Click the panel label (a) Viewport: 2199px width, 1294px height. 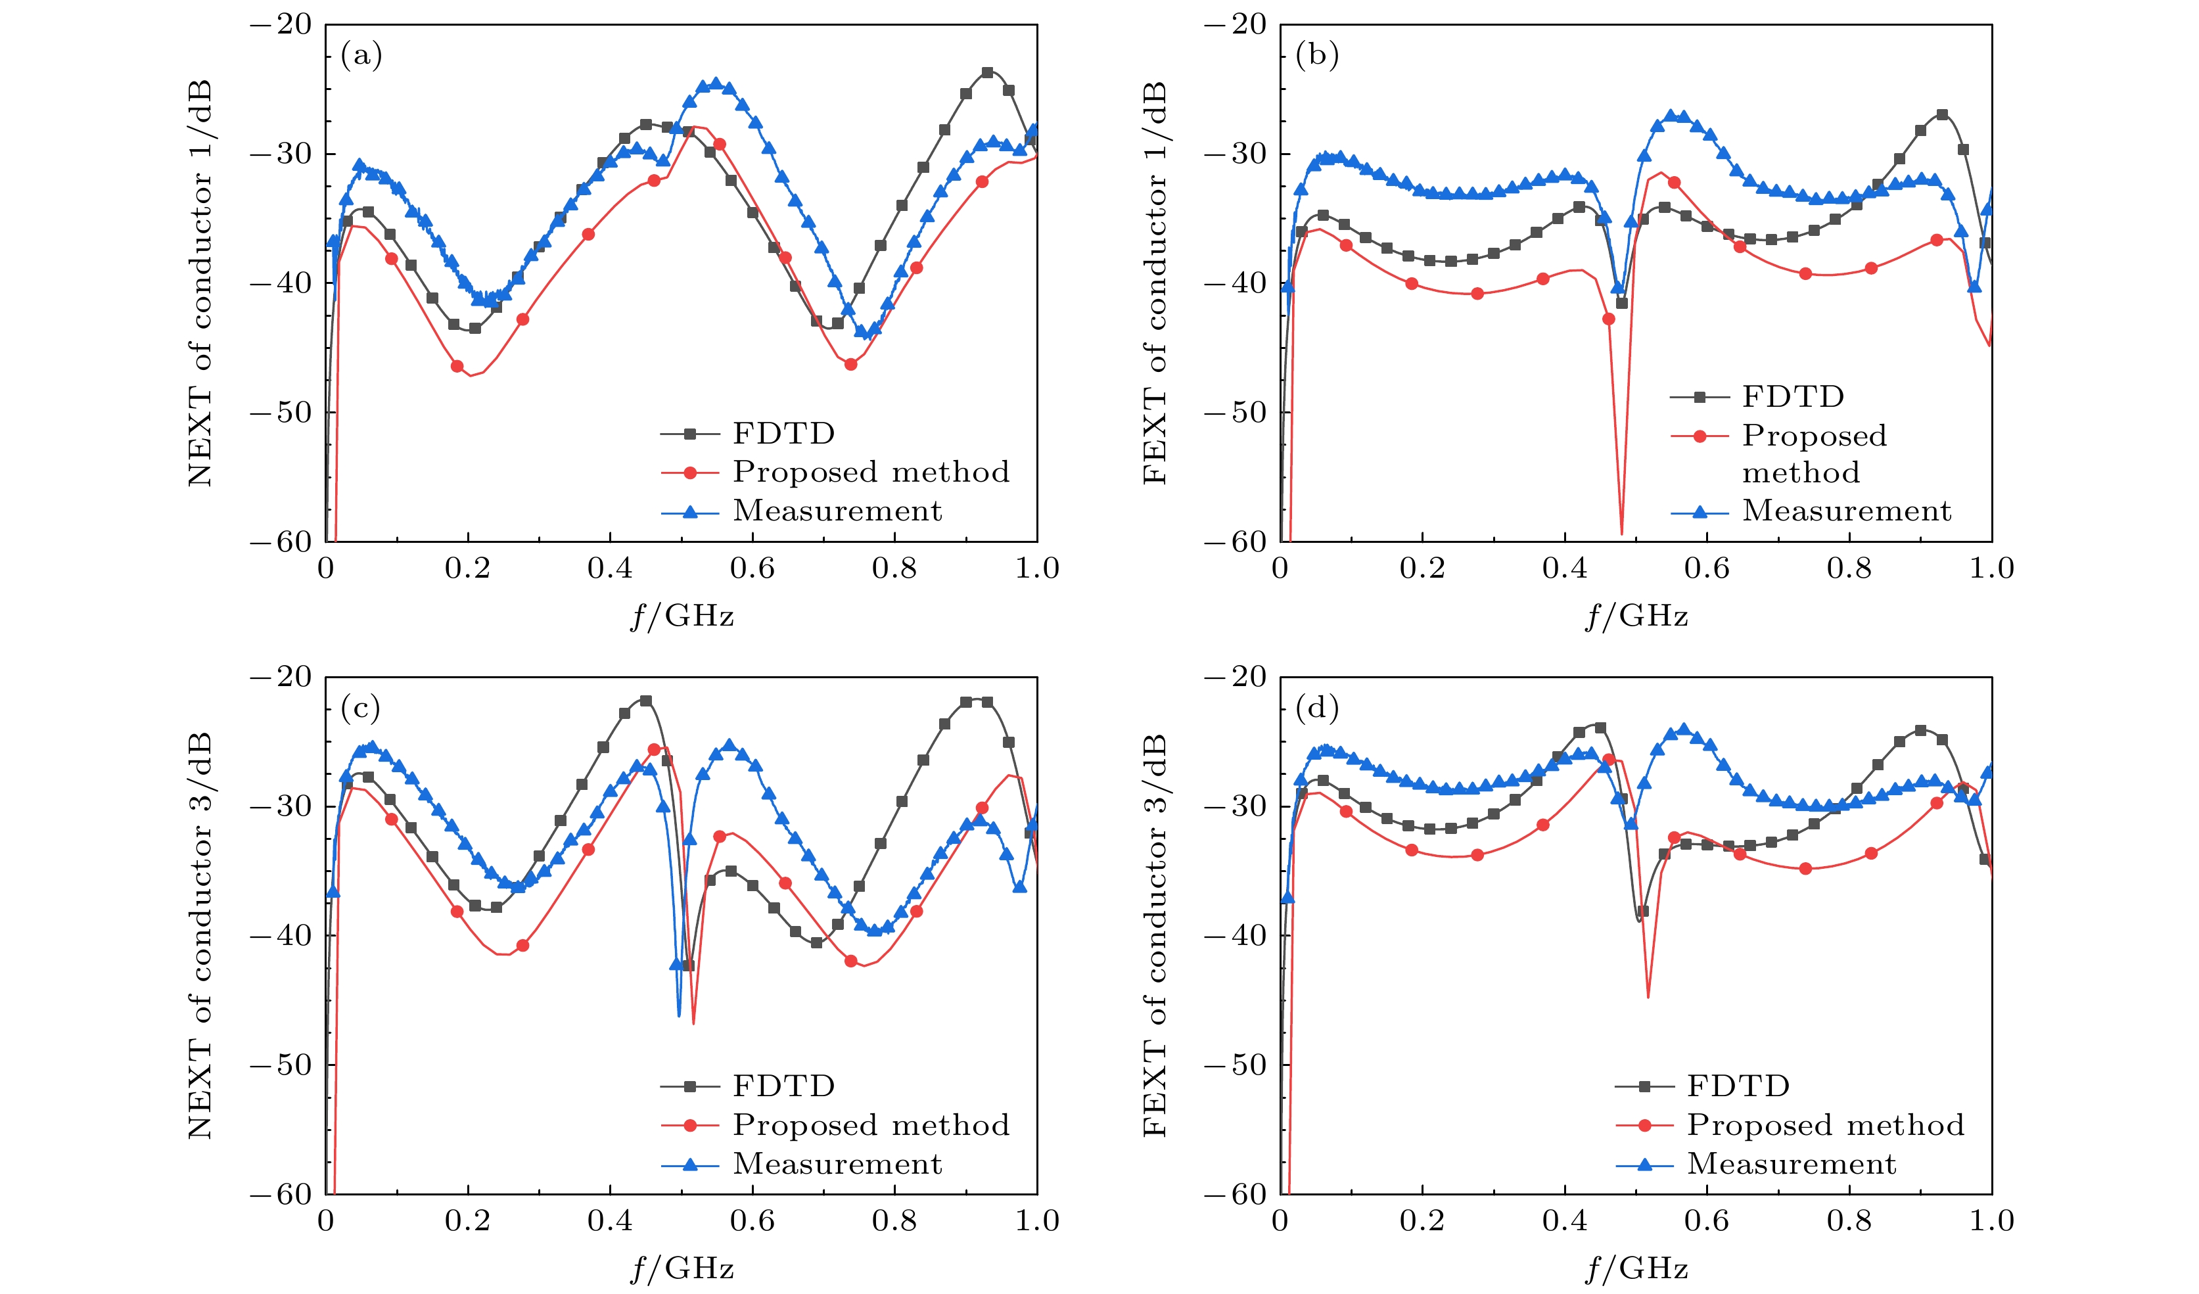click(x=361, y=56)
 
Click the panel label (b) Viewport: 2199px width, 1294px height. click(x=1317, y=56)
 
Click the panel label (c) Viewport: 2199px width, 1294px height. click(x=361, y=708)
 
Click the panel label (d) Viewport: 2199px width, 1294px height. click(x=1317, y=708)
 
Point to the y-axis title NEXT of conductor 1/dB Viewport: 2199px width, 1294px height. click(x=200, y=284)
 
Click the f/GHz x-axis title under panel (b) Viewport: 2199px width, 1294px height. click(x=1636, y=616)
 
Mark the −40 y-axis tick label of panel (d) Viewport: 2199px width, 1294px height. click(x=1236, y=935)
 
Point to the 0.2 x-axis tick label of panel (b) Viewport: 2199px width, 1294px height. click(x=1422, y=569)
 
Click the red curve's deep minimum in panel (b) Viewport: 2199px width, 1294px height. click(x=1621, y=532)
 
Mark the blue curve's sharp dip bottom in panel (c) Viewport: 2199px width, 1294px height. click(x=679, y=1015)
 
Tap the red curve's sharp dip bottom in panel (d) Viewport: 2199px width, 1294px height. click(x=1648, y=996)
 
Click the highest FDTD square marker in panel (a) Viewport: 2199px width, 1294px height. click(x=987, y=72)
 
